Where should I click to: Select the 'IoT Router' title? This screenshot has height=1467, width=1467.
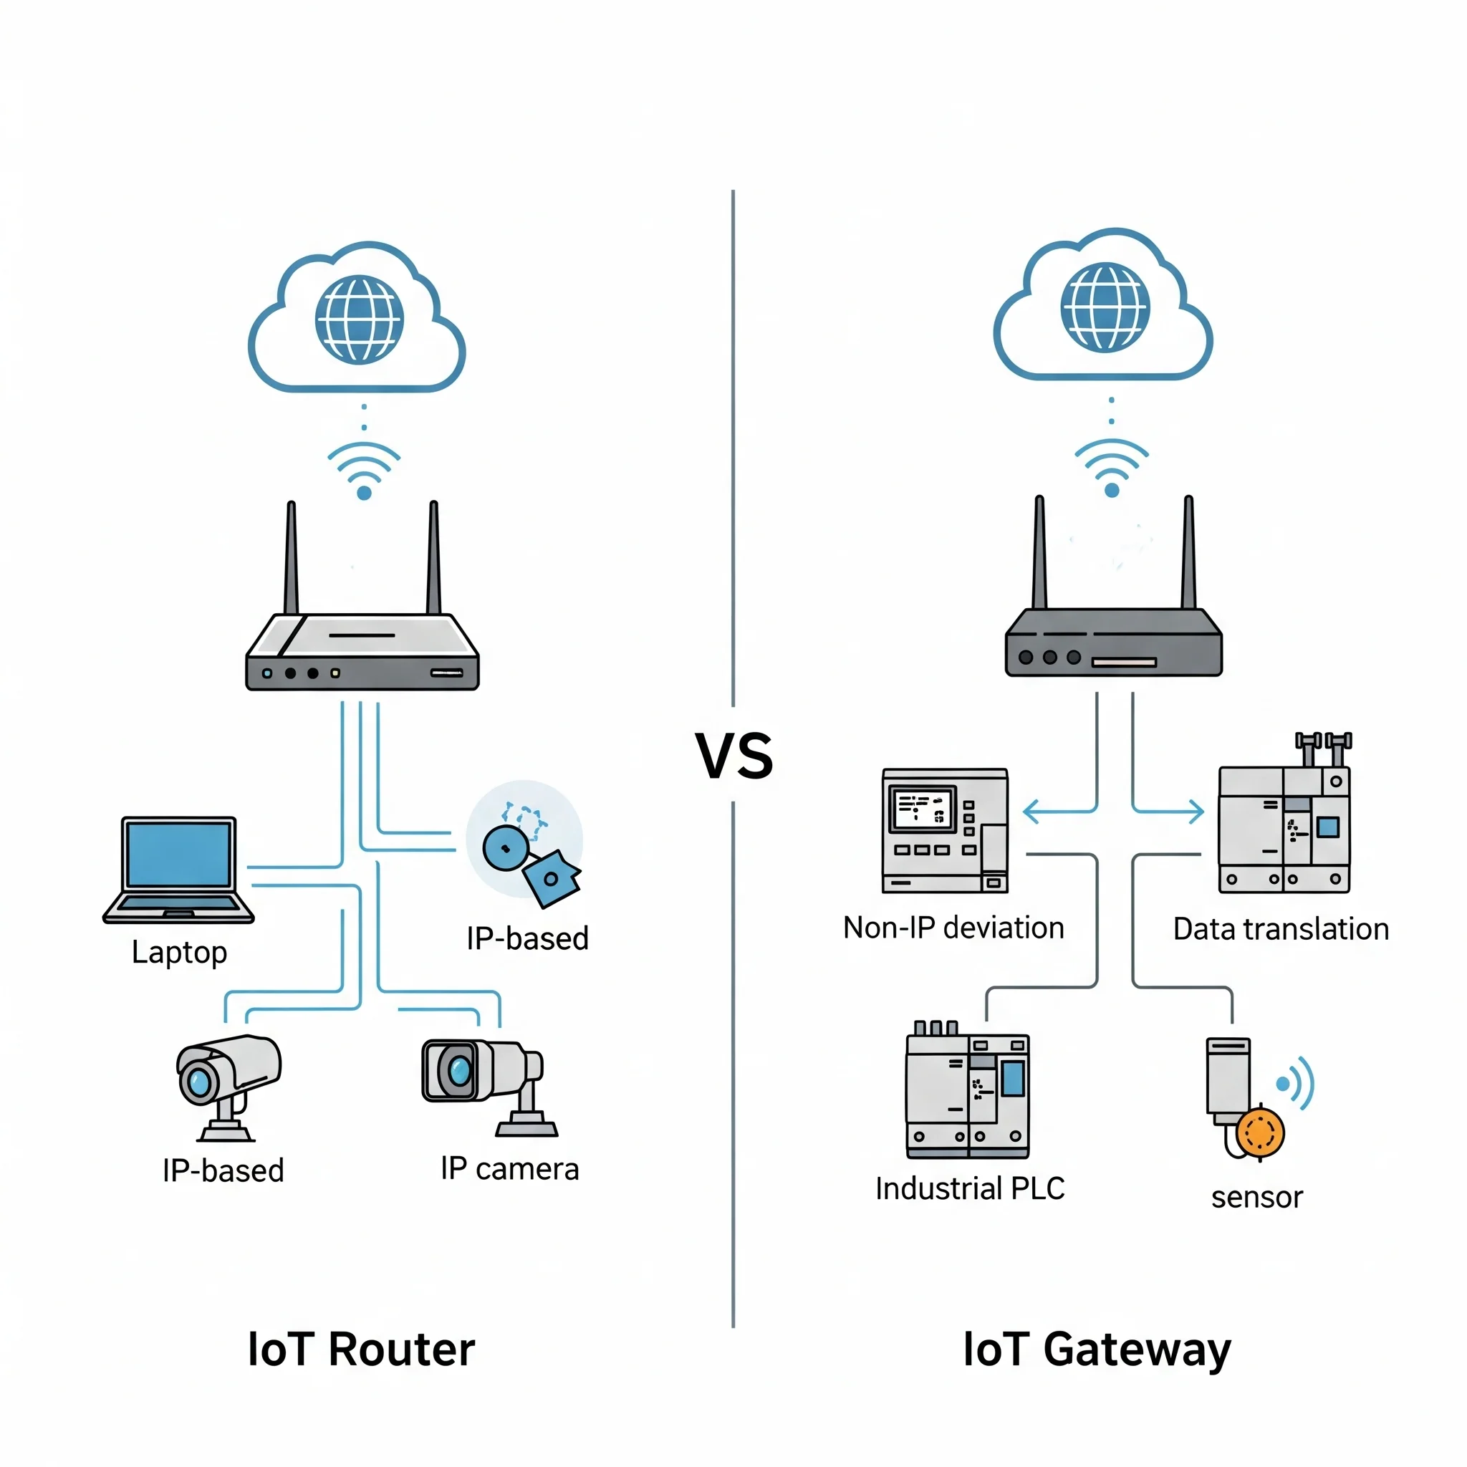[362, 1349]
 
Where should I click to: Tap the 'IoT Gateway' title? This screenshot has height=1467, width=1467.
[1097, 1350]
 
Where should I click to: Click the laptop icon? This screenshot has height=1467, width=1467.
[178, 869]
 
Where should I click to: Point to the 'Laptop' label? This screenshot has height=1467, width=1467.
[179, 951]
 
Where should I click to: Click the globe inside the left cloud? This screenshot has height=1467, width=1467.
[359, 319]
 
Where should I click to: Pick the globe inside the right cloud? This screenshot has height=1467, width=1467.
[1105, 307]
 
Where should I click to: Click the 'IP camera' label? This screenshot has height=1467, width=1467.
[509, 1168]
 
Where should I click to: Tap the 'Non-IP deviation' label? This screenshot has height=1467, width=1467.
[953, 928]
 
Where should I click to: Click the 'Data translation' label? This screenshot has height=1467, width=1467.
[1280, 929]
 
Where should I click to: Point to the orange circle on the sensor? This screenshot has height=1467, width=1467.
[1260, 1131]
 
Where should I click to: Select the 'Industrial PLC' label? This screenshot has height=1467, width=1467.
[970, 1188]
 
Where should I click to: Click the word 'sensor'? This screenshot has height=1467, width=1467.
[1256, 1198]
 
